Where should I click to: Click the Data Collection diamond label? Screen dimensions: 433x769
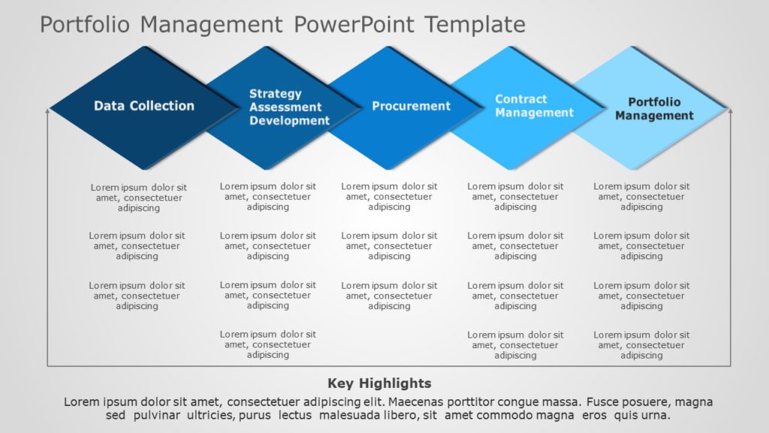143,106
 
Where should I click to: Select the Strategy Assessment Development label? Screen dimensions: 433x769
289,107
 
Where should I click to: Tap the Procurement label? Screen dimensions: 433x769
411,106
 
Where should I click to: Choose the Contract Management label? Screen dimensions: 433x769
534,106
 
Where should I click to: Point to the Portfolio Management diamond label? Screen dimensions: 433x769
654,109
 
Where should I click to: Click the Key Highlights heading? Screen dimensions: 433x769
379,383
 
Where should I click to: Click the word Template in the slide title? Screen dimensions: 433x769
475,25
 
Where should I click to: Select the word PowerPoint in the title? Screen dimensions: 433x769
354,25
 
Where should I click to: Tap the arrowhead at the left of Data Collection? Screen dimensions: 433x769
48,111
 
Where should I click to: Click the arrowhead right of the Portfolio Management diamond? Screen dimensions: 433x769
730,111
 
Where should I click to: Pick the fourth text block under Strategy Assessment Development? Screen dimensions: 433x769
268,344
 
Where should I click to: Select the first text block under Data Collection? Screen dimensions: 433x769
139,198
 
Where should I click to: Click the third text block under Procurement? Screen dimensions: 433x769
389,295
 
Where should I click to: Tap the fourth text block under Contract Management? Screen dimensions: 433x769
515,345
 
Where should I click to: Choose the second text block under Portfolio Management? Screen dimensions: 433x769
641,246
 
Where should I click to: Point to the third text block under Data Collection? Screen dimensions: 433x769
137,295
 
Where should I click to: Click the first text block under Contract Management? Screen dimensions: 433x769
515,196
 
